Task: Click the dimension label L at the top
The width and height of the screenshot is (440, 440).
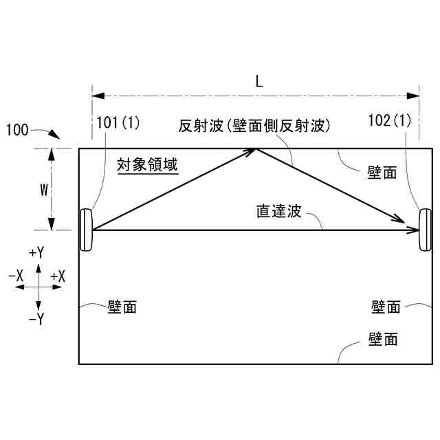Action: pyautogui.click(x=258, y=81)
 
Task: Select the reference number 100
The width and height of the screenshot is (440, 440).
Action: pyautogui.click(x=19, y=129)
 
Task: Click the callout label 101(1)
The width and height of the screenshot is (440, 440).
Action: pyautogui.click(x=118, y=123)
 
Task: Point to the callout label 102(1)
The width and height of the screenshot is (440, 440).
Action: pyautogui.click(x=390, y=120)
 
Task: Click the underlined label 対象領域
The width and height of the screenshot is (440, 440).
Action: pyautogui.click(x=148, y=166)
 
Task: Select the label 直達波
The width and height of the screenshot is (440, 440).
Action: pyautogui.click(x=275, y=211)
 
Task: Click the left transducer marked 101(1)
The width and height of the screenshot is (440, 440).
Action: pyautogui.click(x=87, y=230)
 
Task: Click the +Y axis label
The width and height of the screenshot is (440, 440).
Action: pyautogui.click(x=37, y=253)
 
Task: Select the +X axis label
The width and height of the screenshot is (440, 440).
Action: pyautogui.click(x=58, y=276)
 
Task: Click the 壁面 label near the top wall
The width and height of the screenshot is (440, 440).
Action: pyautogui.click(x=382, y=173)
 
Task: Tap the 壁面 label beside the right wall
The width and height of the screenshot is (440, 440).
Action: pyautogui.click(x=386, y=307)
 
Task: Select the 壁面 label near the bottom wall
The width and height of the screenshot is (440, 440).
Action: pyautogui.click(x=383, y=339)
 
